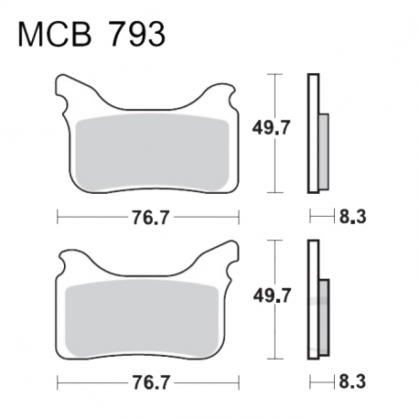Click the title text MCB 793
[91, 34]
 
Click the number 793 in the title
[137, 34]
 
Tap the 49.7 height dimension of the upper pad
[271, 128]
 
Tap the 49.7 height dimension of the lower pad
[272, 295]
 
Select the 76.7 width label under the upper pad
[150, 218]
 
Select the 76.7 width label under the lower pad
[150, 382]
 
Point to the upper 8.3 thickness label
[352, 217]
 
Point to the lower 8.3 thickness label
[352, 381]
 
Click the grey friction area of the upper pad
[152, 154]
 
